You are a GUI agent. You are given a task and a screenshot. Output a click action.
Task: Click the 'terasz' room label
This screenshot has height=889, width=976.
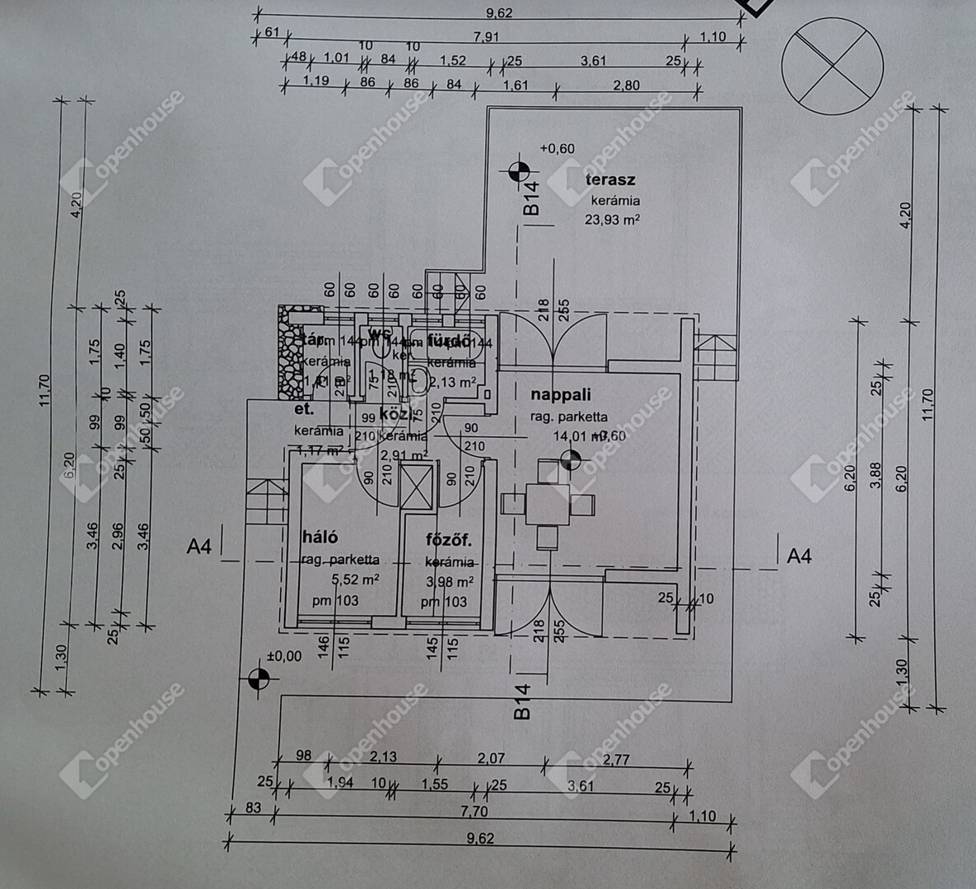click(x=609, y=179)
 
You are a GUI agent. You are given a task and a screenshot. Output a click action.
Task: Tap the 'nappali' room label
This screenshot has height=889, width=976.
click(x=560, y=396)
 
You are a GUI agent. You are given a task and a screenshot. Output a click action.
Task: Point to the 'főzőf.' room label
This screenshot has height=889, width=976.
click(x=449, y=541)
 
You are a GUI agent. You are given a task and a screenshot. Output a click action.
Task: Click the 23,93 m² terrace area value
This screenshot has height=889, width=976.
click(x=612, y=220)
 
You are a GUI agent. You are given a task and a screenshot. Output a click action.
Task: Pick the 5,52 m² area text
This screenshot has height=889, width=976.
click(x=353, y=579)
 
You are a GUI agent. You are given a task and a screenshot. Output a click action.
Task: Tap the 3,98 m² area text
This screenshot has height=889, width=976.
click(x=449, y=582)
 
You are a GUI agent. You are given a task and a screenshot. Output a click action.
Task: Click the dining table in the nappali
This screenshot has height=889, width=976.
click(x=548, y=505)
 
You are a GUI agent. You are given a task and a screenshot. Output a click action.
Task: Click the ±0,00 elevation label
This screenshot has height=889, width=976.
click(x=284, y=656)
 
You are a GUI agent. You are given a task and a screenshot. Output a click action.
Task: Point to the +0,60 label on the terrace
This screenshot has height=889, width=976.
click(x=557, y=149)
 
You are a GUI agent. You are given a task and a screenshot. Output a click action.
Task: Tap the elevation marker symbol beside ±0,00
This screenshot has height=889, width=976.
click(x=258, y=679)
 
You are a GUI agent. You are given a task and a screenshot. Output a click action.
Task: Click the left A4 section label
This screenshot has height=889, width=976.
click(x=199, y=546)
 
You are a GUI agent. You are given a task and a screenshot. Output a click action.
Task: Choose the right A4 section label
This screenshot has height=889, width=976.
click(x=799, y=556)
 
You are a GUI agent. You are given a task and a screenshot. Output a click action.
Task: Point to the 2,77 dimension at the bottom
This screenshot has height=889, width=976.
click(x=616, y=759)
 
